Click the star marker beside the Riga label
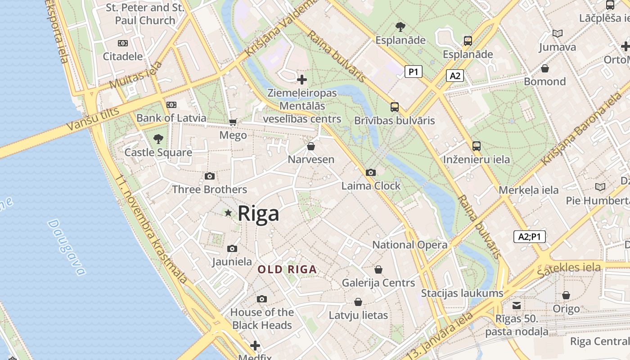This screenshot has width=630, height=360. coord(228,213)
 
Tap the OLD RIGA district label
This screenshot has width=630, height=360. coord(287,270)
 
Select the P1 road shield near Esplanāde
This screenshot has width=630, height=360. coord(413,72)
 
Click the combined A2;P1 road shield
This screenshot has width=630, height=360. coord(529,237)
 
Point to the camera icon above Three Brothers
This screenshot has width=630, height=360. coord(210,176)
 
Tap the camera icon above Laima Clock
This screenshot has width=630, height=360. coord(371,173)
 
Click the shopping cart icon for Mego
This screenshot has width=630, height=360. coord(233,122)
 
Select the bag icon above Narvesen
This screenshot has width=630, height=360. coord(310,147)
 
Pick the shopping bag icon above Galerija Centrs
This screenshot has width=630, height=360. coord(378,270)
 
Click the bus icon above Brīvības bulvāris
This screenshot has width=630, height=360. coord(395,107)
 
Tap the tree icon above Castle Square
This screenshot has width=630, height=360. coord(158,139)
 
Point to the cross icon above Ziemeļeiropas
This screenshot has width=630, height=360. coord(302,80)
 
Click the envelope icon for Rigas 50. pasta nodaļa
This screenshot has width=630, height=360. coord(517,306)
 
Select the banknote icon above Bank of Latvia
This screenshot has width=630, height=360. coord(171,105)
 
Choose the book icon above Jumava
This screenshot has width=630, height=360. coord(557,34)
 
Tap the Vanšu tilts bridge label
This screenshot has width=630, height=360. coord(92,120)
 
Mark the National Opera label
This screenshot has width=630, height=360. coord(409,245)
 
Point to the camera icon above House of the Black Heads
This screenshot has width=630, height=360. coord(262,299)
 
